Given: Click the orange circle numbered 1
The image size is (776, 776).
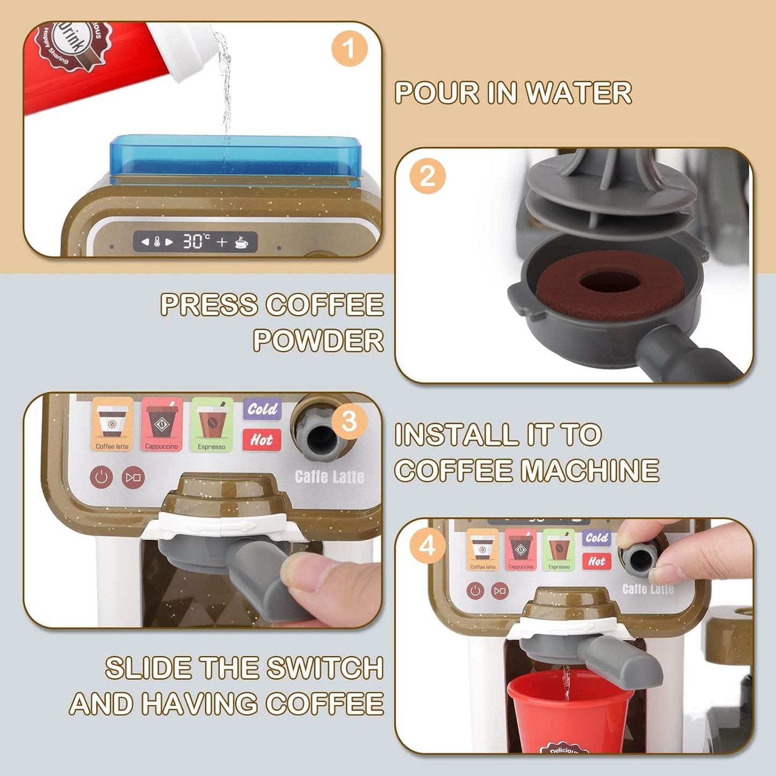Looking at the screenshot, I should pyautogui.click(x=349, y=48).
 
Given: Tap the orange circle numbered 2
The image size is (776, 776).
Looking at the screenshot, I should pyautogui.click(x=427, y=176).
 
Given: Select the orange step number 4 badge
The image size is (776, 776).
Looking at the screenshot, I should pyautogui.click(x=427, y=546).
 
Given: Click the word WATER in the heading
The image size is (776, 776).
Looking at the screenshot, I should pyautogui.click(x=578, y=93).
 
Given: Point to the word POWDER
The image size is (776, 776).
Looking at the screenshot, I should pyautogui.click(x=318, y=340).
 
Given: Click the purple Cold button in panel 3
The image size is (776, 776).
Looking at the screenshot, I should pyautogui.click(x=262, y=409).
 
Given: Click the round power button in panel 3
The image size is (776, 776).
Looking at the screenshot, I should pyautogui.click(x=101, y=477).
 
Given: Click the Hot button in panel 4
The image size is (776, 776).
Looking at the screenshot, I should pyautogui.click(x=597, y=561).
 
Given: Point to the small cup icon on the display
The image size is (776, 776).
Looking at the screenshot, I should pyautogui.click(x=242, y=242).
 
